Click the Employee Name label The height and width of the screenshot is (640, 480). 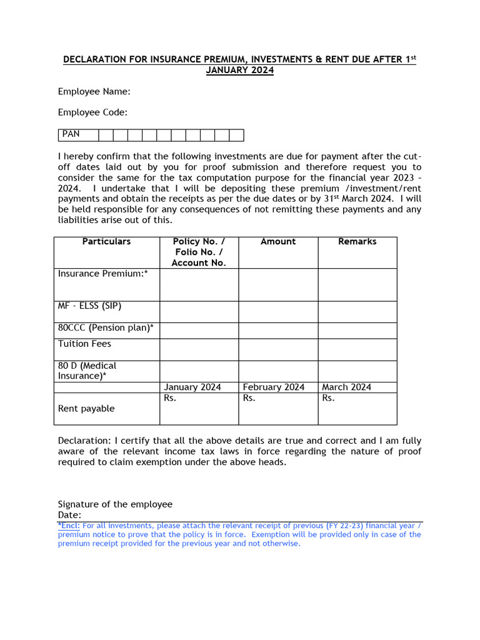94,91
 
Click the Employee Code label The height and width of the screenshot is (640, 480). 92,112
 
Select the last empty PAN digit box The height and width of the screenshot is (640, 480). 236,135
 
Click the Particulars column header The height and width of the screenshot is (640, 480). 106,241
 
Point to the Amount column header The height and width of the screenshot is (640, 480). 278,241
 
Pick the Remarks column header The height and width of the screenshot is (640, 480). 357,241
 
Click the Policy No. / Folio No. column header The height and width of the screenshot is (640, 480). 199,252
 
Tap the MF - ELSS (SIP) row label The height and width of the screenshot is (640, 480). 90,306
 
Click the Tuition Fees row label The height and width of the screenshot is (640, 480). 85,344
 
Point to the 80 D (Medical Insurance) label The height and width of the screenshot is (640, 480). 87,371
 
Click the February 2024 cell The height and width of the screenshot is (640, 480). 274,387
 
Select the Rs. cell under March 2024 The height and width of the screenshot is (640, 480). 357,408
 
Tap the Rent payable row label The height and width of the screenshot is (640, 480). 86,409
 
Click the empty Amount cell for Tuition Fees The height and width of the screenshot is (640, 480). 278,349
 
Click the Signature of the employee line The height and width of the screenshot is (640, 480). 115,504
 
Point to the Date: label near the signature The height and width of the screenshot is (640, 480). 70,515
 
